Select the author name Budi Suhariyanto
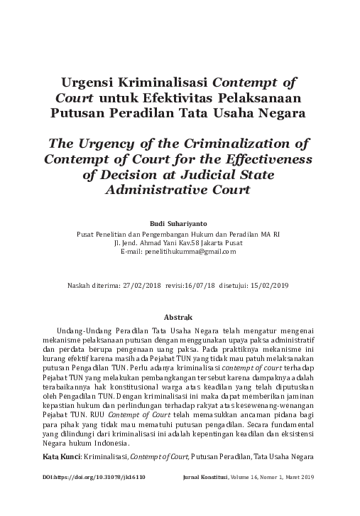pyautogui.click(x=180, y=222)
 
